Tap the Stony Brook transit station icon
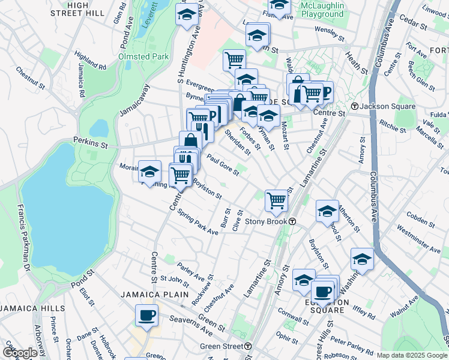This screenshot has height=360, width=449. point(292,221)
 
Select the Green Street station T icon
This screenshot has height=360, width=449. point(247,346)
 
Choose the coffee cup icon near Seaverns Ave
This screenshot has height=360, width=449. point(146,315)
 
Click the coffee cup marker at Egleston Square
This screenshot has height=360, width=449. point(322,292)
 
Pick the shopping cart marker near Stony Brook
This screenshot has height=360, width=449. point(276,200)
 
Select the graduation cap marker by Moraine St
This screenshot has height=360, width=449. point(149,172)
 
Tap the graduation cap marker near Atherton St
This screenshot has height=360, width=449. point(327,211)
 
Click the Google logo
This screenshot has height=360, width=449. point(20,352)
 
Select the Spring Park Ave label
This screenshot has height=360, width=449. point(197,223)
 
